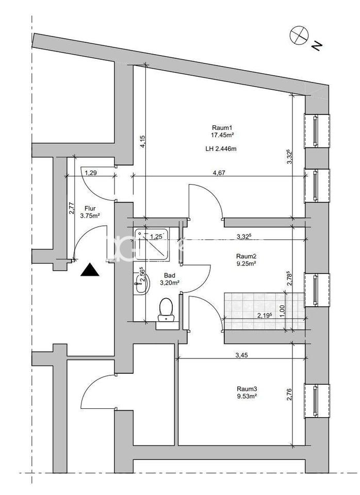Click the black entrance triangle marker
click(x=90, y=270)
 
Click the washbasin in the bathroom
click(x=140, y=283)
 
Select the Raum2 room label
click(x=246, y=256)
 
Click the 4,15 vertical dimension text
click(x=142, y=142)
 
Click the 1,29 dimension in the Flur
click(x=91, y=173)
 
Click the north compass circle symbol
click(x=298, y=35)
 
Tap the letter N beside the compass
click(x=317, y=46)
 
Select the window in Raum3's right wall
click(x=315, y=400)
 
